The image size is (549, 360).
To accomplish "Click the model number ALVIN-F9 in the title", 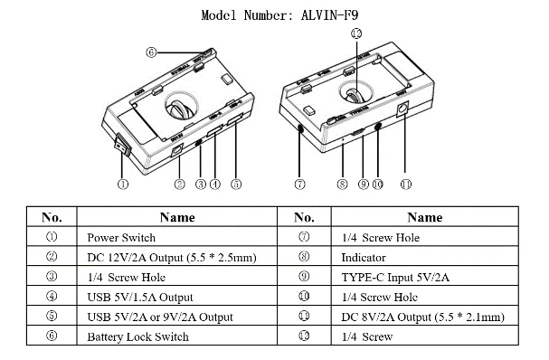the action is [x=329, y=15].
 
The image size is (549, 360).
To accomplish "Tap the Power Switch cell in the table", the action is [x=176, y=236].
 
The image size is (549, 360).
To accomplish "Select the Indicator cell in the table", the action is [x=425, y=256].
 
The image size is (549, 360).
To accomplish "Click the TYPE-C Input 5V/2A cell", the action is [x=425, y=276].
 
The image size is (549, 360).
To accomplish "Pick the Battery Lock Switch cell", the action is [x=176, y=336].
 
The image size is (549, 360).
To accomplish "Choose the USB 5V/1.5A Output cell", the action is [x=176, y=296].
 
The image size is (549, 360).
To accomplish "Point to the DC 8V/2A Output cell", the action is [x=425, y=316].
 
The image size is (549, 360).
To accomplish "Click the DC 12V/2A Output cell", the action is [x=176, y=256].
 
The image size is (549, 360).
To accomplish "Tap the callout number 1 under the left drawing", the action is [x=122, y=185].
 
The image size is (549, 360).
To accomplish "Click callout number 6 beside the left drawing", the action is [x=151, y=52].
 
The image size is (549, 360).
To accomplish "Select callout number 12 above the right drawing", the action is [x=356, y=33].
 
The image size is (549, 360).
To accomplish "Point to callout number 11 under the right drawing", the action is [x=405, y=185].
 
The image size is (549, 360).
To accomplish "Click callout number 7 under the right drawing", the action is [x=299, y=185].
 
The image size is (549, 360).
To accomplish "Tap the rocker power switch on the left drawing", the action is [x=123, y=144].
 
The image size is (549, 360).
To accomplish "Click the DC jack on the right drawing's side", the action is [x=402, y=109].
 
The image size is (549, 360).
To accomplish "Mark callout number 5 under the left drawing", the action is [x=236, y=185].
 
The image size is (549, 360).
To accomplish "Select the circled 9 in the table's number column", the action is [x=304, y=276].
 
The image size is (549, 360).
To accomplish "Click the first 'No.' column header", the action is [x=52, y=217].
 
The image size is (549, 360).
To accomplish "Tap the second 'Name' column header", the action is [x=425, y=217].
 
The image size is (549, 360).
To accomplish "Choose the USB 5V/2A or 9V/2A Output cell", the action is [x=176, y=316].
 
